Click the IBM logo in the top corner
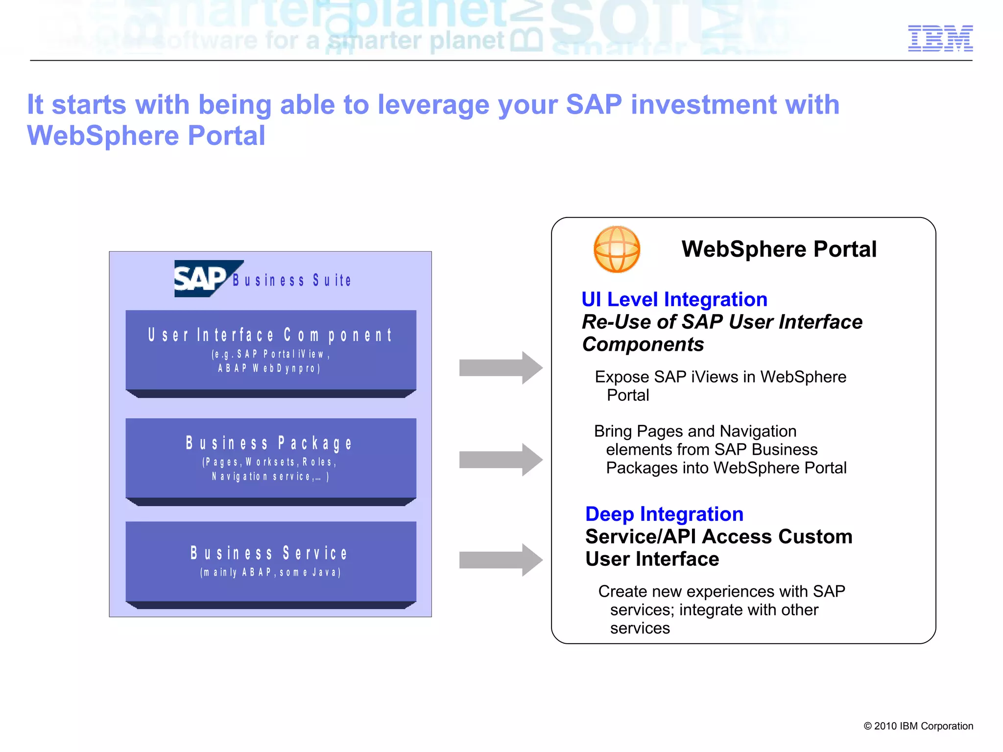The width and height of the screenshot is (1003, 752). point(940,38)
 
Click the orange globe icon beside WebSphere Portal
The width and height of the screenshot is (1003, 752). point(617,249)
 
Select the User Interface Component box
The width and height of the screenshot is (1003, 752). point(271,350)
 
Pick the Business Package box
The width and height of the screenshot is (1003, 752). point(271,458)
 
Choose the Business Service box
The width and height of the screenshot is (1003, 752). point(271,561)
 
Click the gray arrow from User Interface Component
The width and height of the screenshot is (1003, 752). point(500,367)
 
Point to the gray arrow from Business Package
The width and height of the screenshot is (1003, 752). point(500,460)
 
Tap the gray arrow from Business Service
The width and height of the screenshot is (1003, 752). point(500,559)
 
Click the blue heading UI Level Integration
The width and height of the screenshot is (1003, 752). point(674,299)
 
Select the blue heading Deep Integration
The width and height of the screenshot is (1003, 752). point(664,514)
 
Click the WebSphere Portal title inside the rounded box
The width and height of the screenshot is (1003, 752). point(779,249)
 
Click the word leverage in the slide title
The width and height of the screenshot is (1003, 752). point(433,105)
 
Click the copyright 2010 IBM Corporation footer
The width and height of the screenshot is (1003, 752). point(918,726)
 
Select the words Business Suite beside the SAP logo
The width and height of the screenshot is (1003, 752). point(292,280)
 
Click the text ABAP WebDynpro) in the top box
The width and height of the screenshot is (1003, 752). point(269,368)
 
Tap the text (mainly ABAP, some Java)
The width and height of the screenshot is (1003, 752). point(270,572)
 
